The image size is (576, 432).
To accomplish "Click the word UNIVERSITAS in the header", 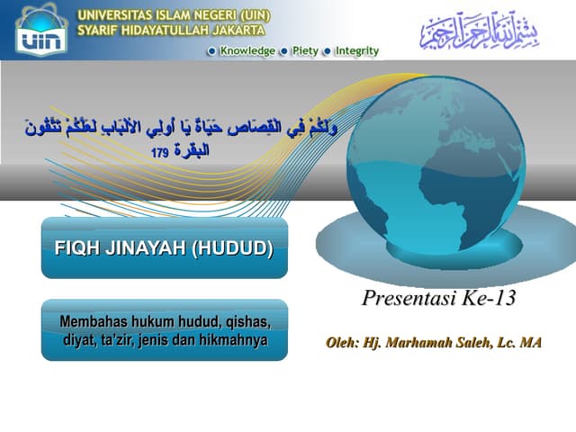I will pyautogui.click(x=113, y=15).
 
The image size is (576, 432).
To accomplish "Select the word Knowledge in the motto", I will pyautogui.click(x=247, y=51).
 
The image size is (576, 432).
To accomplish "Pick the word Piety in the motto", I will pyautogui.click(x=304, y=51).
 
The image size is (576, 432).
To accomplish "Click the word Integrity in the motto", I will pyautogui.click(x=356, y=51).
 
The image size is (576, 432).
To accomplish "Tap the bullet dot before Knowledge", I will pyautogui.click(x=211, y=51).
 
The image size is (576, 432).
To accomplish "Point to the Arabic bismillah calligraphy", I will pyautogui.click(x=481, y=31).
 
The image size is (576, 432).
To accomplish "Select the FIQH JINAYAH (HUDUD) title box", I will pyautogui.click(x=165, y=247).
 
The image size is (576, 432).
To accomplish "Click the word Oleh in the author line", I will pyautogui.click(x=342, y=343).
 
